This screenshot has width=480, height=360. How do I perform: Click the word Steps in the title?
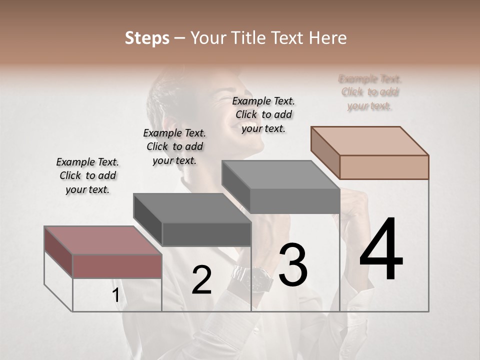coord(147,38)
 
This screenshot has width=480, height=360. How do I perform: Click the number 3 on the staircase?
coord(292,265)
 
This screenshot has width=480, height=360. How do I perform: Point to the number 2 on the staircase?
coord(201,280)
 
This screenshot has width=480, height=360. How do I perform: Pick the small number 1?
coord(115,295)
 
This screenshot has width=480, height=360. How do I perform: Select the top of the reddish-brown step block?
coord(102,240)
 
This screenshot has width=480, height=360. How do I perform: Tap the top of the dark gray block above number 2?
coord(191,207)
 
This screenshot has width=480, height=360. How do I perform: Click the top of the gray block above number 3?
coord(280,174)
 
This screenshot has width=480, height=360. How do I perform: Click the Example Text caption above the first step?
coord(87,175)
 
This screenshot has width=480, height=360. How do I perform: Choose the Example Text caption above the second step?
coord(174,146)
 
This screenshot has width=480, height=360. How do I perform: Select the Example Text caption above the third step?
coord(263,114)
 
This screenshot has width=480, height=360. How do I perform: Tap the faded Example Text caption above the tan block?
coord(370,92)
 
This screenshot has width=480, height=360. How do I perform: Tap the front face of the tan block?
coord(384,167)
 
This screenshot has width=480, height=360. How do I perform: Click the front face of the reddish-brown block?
coord(117,266)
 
